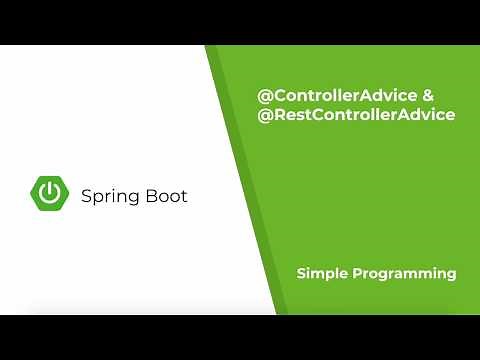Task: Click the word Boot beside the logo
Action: point(164,196)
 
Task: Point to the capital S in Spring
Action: point(86,196)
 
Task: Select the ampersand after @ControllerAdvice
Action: point(428,97)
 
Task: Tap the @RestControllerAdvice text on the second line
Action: point(356,115)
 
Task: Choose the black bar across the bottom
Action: point(240,337)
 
